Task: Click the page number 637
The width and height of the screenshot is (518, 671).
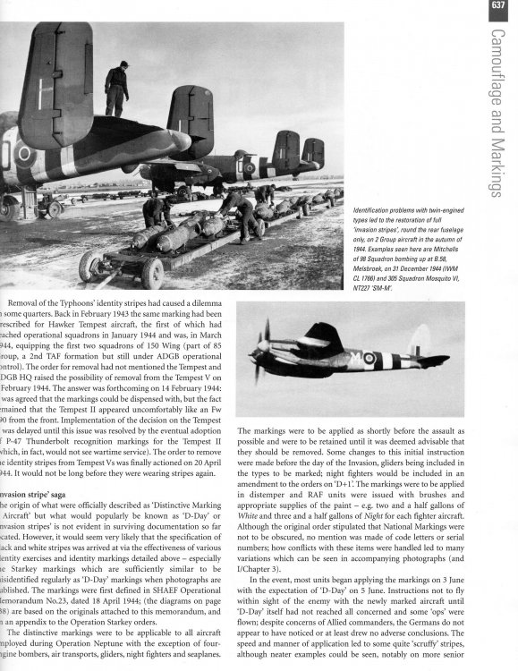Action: coord(499,10)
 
